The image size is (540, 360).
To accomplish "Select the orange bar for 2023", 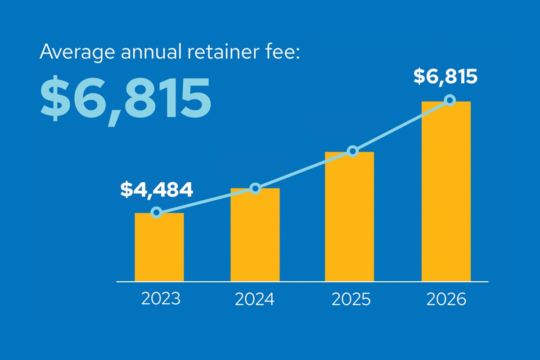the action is [x=159, y=247].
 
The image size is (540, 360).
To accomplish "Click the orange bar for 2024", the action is [x=255, y=235].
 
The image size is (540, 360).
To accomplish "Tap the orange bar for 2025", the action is [x=349, y=216].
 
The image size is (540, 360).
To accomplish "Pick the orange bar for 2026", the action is [x=446, y=191].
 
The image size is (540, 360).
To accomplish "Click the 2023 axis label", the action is [x=161, y=299].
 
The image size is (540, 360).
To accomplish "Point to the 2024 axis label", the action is [x=255, y=299].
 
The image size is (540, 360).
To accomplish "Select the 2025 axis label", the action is [x=351, y=299].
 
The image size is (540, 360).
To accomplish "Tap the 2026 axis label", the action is [x=446, y=299].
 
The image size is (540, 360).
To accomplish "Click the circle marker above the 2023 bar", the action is [x=157, y=212].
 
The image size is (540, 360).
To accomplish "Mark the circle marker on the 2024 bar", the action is [x=255, y=188].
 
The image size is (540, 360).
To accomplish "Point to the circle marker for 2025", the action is [x=353, y=151].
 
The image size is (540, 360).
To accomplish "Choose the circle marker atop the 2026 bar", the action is [x=450, y=100].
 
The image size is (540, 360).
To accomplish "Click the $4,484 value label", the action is [x=157, y=190].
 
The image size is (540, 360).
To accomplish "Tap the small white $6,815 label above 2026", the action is [x=445, y=76].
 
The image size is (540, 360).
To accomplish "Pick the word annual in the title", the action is [x=151, y=52].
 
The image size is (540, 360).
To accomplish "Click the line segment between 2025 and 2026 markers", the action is [x=401, y=126].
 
